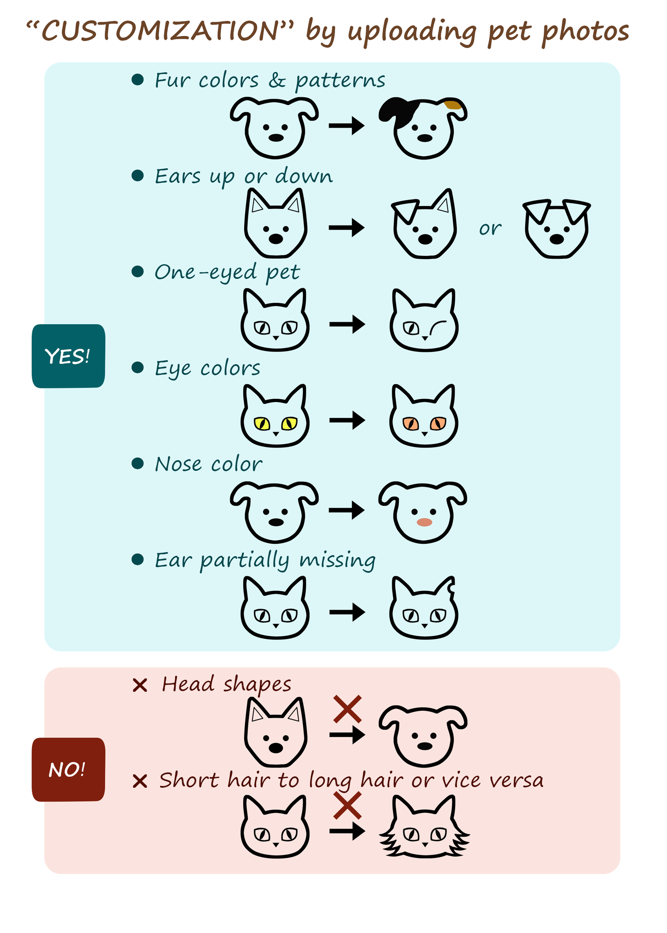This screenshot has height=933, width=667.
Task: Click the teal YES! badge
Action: pos(68,356)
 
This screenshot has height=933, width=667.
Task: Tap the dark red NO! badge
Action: pos(68,769)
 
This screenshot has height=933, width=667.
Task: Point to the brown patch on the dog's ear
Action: pos(453,104)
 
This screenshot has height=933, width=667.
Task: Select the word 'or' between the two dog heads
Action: pos(490,228)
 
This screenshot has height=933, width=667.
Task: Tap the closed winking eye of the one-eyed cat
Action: pos(438,326)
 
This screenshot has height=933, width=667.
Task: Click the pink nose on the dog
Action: pos(424,522)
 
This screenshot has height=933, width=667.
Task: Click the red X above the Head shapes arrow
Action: pos(347,709)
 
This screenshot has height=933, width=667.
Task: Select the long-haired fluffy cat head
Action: pos(424,826)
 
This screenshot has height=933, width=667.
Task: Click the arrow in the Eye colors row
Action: pos(347,420)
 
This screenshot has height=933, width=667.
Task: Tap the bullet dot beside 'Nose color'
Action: pos(138,463)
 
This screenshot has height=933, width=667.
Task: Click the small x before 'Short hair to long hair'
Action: pos(139,781)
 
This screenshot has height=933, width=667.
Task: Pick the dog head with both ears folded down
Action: pos(557,229)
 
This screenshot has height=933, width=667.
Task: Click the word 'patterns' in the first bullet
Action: pos(340,81)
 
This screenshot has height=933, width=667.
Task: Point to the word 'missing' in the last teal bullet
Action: pos(337,560)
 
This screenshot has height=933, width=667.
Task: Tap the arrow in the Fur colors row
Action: pos(347,125)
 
